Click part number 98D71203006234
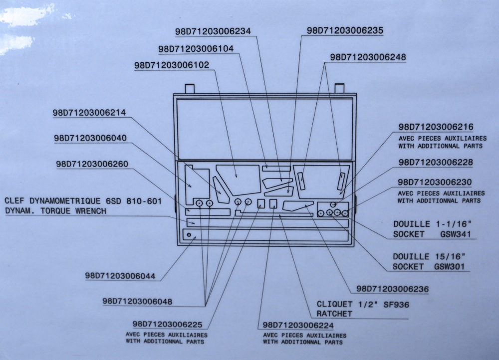click(213, 31)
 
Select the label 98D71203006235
click(345, 30)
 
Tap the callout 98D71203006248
click(368, 57)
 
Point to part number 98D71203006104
click(196, 49)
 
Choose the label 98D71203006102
click(172, 65)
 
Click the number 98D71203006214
click(89, 113)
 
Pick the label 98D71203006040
click(90, 138)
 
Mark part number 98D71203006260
click(92, 164)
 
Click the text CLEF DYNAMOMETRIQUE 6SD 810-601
click(83, 201)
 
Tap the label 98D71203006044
click(120, 276)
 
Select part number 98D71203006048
click(138, 301)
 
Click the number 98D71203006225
click(167, 325)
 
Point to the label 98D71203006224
click(298, 325)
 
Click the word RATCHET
click(334, 314)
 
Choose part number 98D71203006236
click(393, 289)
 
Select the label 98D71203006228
click(436, 163)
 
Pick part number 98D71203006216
click(436, 127)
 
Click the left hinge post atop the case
click(189, 88)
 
